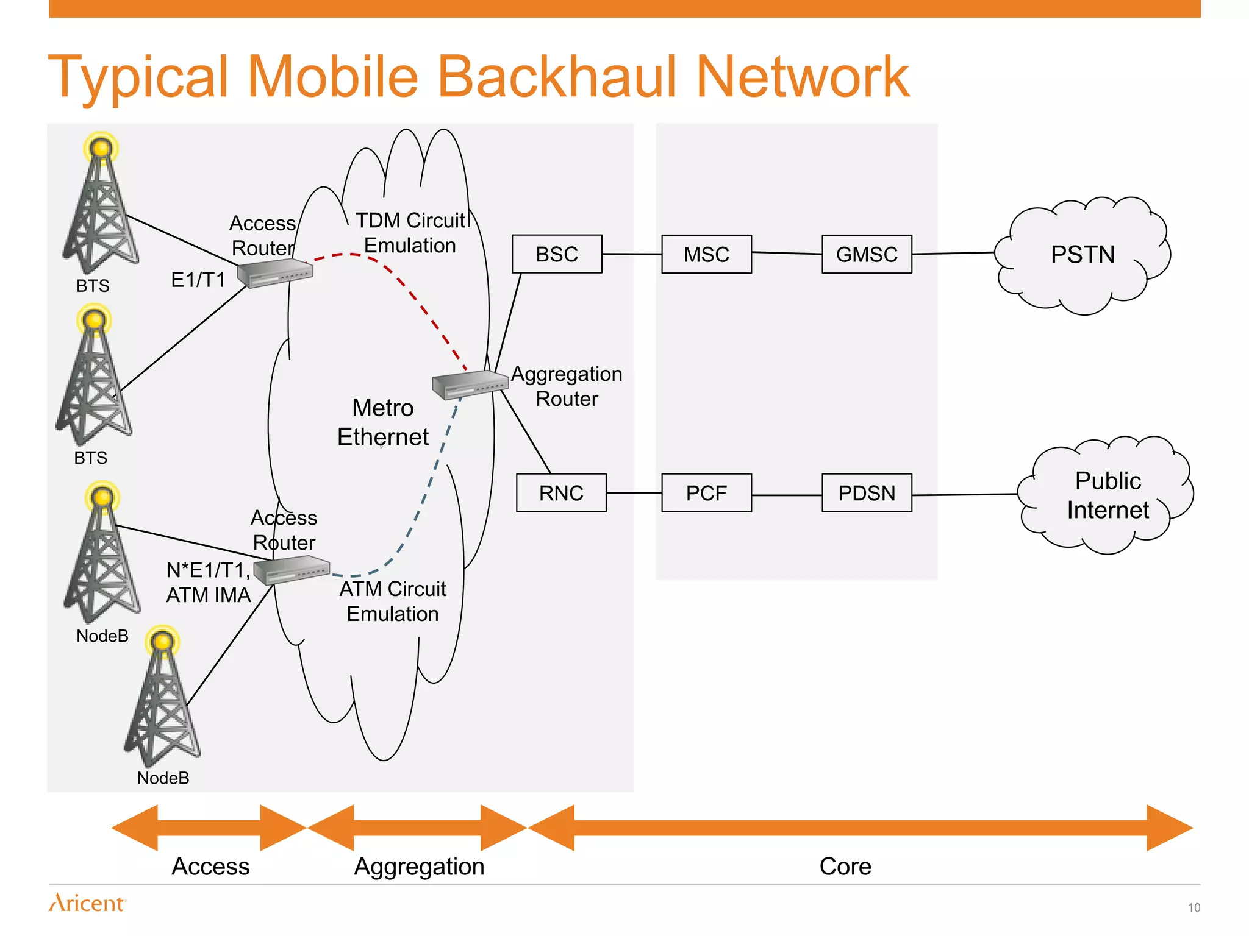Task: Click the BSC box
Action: [557, 254]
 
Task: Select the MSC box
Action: [706, 254]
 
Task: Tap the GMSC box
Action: [867, 254]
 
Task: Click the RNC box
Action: [561, 493]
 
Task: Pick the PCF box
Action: [706, 493]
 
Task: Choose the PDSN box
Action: [867, 493]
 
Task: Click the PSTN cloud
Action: [1083, 255]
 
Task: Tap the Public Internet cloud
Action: [1108, 495]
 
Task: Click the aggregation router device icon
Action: [470, 385]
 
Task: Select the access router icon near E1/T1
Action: [275, 272]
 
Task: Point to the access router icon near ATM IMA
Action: [292, 571]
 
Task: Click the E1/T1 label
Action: [198, 280]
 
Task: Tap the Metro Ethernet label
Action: [383, 422]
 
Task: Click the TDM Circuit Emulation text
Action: [410, 233]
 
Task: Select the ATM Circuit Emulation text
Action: [393, 601]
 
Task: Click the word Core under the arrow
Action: [845, 866]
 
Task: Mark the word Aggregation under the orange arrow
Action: [420, 866]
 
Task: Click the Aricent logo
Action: [87, 902]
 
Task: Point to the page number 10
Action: [1194, 907]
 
